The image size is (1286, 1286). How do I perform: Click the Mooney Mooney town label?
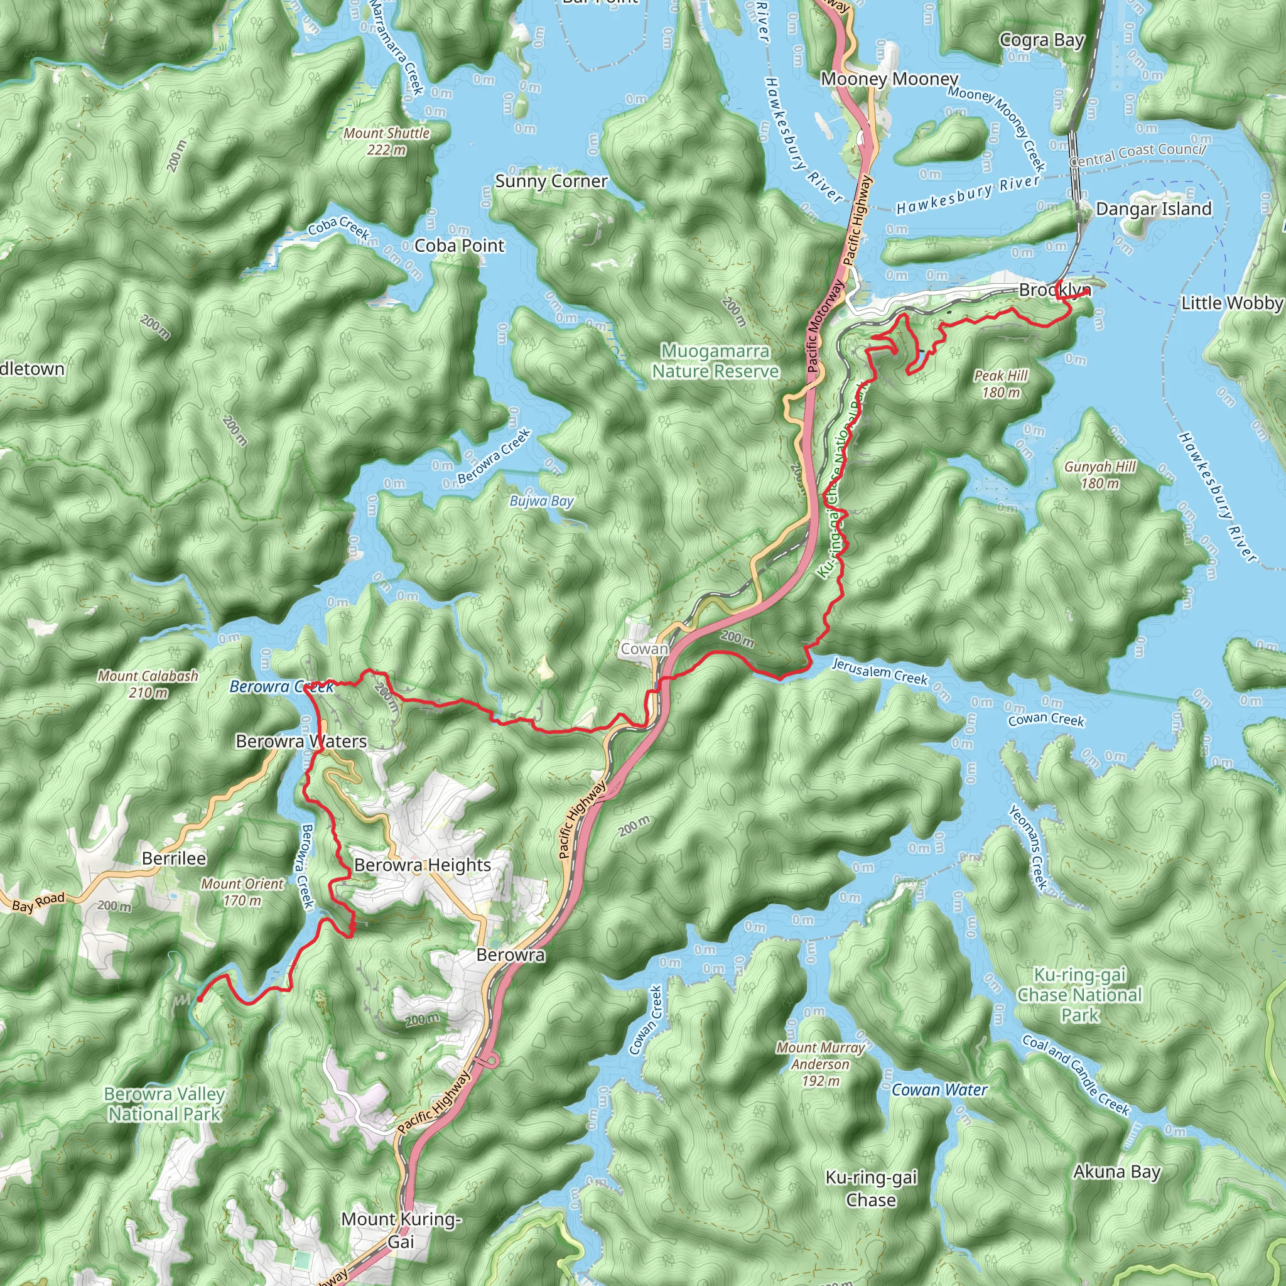[889, 78]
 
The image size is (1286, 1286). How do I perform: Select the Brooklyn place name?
[1053, 289]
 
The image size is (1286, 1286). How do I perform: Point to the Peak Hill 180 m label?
[1000, 384]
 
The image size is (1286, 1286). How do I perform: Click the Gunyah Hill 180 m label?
[1100, 475]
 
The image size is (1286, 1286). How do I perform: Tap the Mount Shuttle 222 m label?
[386, 141]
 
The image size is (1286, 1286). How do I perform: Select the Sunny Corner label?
[551, 181]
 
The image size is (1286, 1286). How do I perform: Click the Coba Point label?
[459, 246]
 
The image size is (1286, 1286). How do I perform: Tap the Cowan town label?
[644, 648]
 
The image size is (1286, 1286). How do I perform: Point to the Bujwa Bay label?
[541, 501]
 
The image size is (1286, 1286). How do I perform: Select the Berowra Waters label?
[301, 742]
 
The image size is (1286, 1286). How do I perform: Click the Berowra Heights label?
[422, 865]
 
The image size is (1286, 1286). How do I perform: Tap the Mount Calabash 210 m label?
[148, 684]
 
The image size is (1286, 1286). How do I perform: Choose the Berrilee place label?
[174, 858]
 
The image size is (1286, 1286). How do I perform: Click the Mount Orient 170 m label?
[242, 892]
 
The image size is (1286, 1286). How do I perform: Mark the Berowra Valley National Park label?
[165, 1104]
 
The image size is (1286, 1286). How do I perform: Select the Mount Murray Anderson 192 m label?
[820, 1064]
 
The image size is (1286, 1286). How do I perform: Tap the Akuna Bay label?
[1116, 1172]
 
